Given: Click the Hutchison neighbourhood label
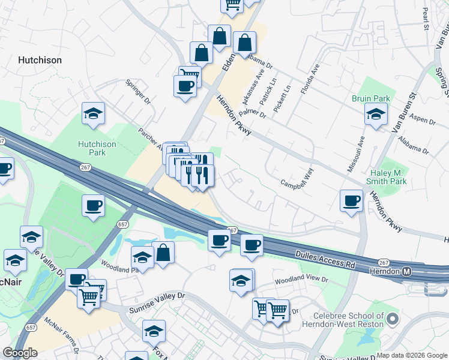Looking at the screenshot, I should pos(40,60).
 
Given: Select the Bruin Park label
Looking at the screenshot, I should pos(371,98).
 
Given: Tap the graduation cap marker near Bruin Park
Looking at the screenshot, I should pos(376,114).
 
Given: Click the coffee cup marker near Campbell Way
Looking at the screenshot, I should pos(351,200).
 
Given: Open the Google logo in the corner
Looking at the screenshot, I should pos(20,353).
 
